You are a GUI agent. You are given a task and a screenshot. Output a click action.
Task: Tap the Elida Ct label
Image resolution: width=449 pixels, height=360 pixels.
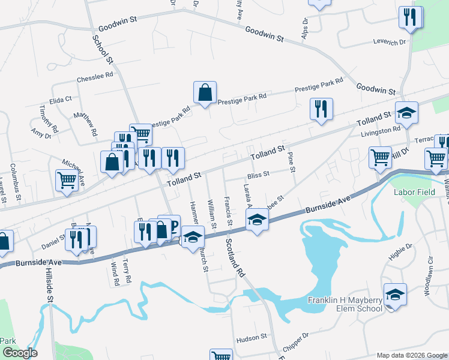pos(61,99)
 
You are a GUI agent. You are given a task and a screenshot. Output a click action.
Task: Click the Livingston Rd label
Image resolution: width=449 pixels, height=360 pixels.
pos(379,130)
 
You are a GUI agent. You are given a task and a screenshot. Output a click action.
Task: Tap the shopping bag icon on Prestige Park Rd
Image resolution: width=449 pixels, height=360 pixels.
pos(205,93)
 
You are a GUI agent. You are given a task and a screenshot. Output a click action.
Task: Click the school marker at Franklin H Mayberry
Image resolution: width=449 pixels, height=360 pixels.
pos(395,295)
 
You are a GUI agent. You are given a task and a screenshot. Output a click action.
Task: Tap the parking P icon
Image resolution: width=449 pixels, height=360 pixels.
pos(172,224)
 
